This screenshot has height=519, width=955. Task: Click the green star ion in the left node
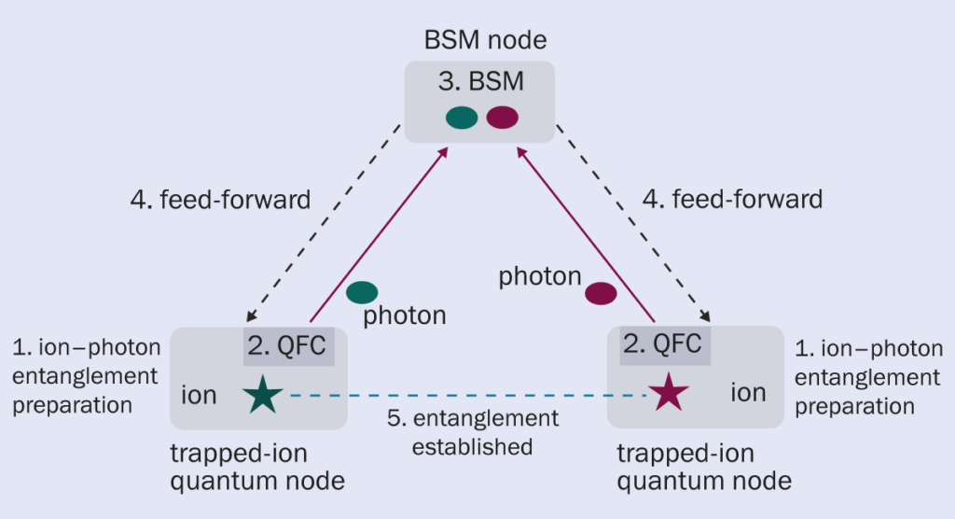click(264, 395)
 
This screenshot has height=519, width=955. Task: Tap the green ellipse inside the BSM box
click(462, 118)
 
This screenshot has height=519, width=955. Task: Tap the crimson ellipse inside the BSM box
click(502, 118)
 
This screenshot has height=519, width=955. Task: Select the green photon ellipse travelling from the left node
click(362, 292)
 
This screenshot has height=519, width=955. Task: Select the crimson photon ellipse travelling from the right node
click(601, 294)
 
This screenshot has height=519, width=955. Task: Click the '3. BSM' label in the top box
click(480, 81)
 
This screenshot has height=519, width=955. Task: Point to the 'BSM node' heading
click(485, 40)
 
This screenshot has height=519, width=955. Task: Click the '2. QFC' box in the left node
click(288, 346)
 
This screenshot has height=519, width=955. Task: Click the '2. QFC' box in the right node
click(661, 344)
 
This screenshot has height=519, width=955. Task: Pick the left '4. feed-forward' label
click(220, 199)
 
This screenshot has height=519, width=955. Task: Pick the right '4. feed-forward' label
click(733, 199)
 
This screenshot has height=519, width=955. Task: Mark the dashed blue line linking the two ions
click(466, 396)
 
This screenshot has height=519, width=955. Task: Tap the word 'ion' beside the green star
click(198, 395)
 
